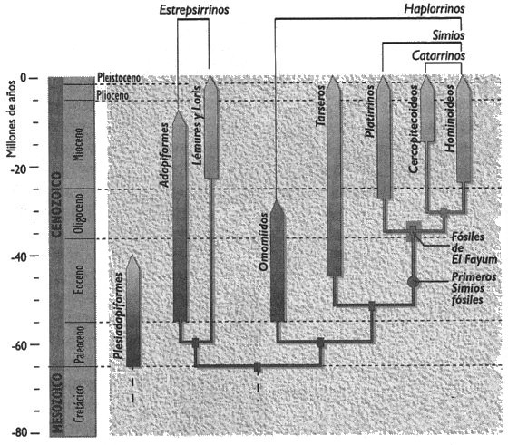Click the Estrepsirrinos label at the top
click(194, 10)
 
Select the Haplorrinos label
click(435, 9)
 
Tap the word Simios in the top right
click(449, 35)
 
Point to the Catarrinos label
click(438, 55)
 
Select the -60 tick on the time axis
click(21, 346)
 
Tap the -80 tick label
click(21, 433)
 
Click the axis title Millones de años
click(11, 119)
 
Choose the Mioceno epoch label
click(78, 144)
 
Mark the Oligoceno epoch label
click(78, 214)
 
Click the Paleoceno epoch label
click(79, 345)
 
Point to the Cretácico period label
click(79, 403)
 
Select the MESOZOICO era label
click(57, 403)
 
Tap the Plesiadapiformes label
click(119, 316)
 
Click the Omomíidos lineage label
click(264, 242)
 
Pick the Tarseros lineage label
click(320, 106)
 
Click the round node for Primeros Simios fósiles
click(413, 282)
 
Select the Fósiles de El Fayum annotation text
click(474, 248)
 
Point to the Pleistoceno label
click(119, 78)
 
